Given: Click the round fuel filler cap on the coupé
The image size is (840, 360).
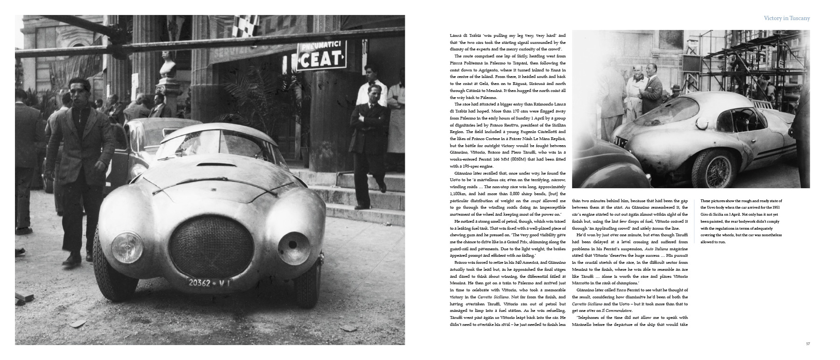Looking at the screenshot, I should tap(702, 124).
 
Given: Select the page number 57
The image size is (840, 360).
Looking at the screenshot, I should tap(807, 344).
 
